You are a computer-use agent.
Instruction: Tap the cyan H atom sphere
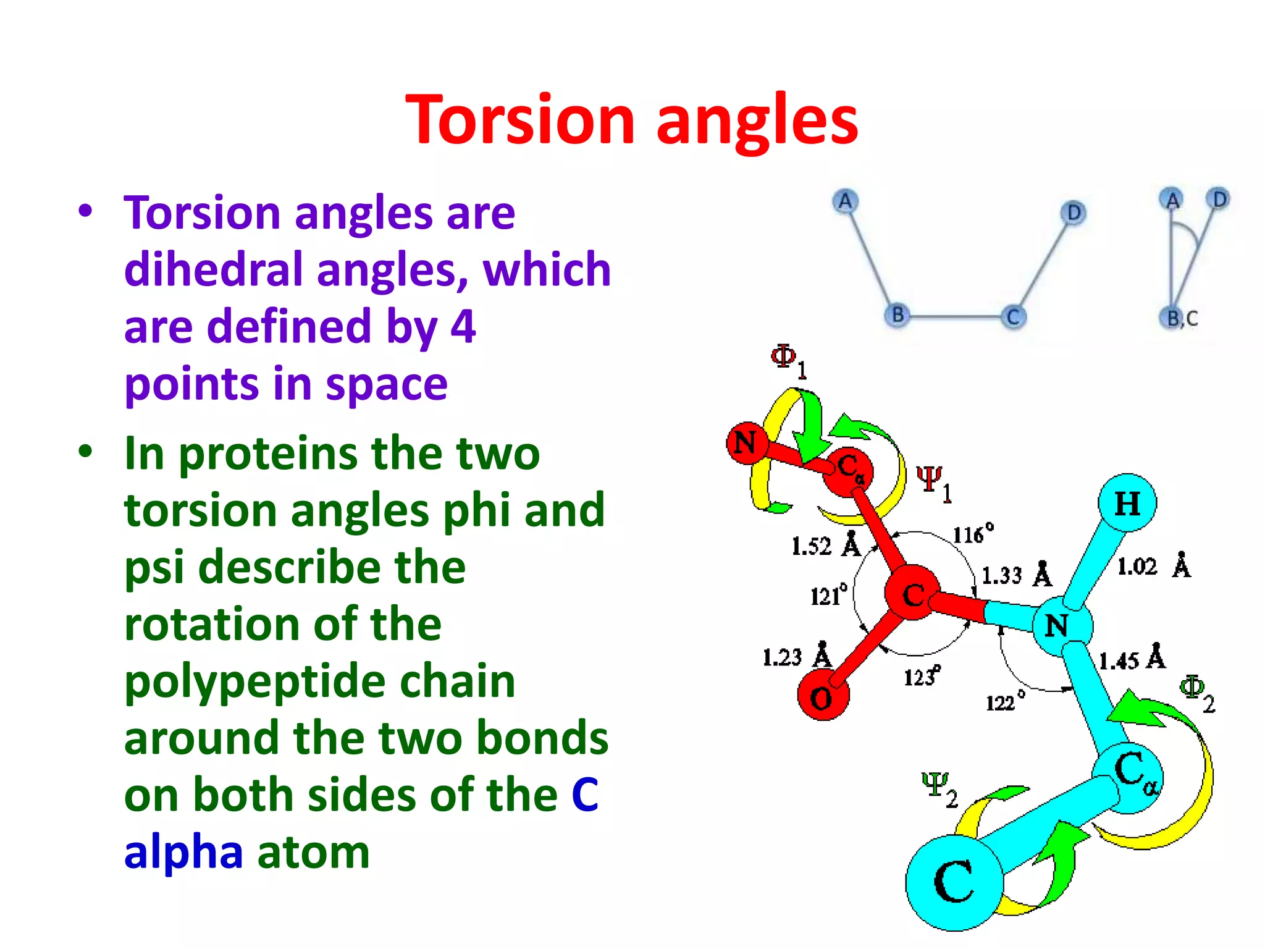(1127, 504)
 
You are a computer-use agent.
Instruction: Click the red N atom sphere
(746, 442)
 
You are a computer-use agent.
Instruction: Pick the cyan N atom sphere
(1061, 625)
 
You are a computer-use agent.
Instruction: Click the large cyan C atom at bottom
(954, 882)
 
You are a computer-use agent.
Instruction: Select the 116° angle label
(973, 533)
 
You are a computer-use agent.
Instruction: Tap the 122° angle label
(1004, 701)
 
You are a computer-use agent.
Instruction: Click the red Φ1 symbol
(788, 360)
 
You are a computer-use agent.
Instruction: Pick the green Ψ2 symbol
(938, 788)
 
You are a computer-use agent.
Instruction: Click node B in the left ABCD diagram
(897, 315)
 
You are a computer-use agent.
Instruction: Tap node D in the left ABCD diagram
(1074, 213)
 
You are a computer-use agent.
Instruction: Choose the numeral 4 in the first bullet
(463, 326)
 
